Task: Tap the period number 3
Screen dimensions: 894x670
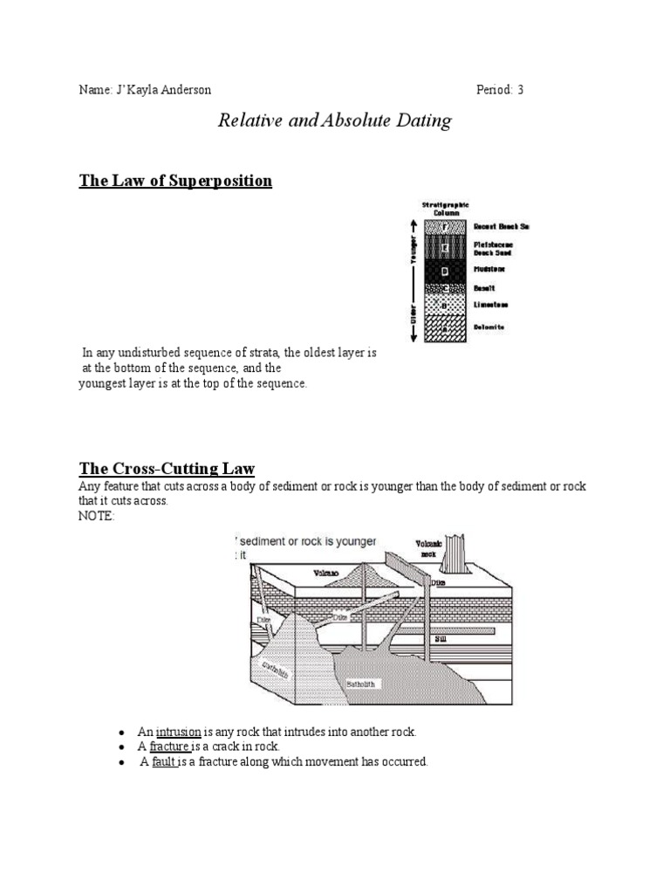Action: click(x=520, y=90)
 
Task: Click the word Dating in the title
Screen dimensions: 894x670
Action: click(x=421, y=120)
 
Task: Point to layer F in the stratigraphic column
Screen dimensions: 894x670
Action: click(x=445, y=227)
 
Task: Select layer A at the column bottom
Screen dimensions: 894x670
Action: click(x=445, y=327)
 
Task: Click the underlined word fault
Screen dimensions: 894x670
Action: click(x=164, y=762)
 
